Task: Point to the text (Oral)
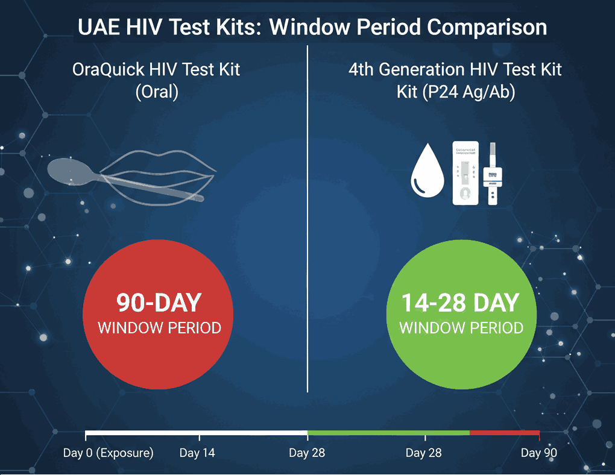tap(157, 93)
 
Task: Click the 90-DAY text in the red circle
tap(159, 303)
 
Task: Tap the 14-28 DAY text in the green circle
tap(461, 303)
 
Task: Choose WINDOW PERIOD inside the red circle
tap(159, 329)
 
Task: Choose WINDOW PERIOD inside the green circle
tap(461, 329)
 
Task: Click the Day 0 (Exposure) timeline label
tap(109, 453)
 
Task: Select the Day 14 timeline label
tap(197, 453)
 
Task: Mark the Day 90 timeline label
tap(539, 453)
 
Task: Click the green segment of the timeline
tap(388, 433)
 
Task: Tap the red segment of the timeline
tap(504, 433)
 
